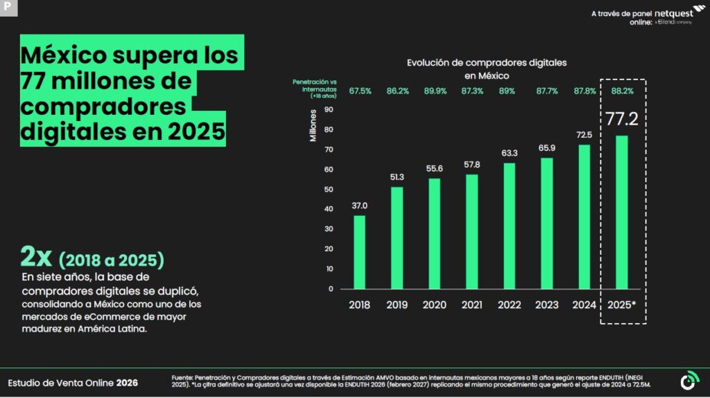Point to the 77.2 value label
pos(622,119)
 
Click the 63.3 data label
pos(509,153)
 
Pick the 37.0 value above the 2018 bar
pos(359,206)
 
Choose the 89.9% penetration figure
pos(435,91)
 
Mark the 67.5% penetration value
pos(360,91)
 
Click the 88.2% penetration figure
pos(622,91)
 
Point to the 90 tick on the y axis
pos(329,109)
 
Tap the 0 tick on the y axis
pos(331,289)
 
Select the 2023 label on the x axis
pos(546,305)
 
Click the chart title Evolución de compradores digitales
pos(487,62)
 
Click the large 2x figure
pos(36,257)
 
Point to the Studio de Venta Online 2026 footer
pos(73,382)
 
